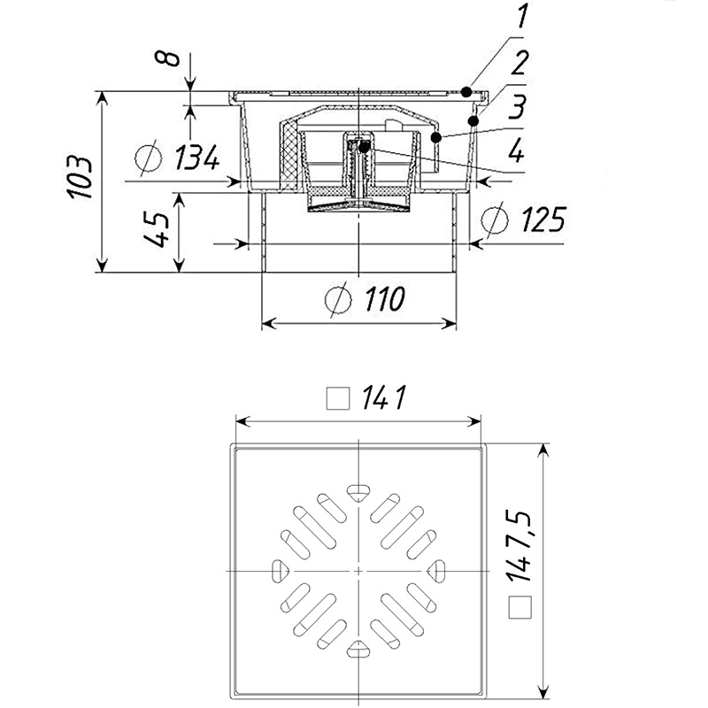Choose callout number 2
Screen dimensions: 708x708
tap(520, 65)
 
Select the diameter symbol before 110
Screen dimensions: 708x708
tap(337, 300)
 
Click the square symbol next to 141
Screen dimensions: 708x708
tap(336, 400)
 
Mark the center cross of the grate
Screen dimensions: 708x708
tap(358, 571)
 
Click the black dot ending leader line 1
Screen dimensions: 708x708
tap(466, 90)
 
